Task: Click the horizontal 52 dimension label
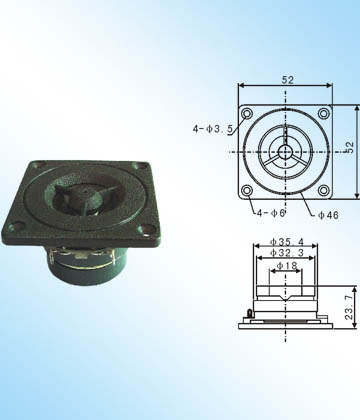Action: click(x=288, y=80)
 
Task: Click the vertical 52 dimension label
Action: click(x=349, y=147)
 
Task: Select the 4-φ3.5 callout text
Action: click(x=212, y=129)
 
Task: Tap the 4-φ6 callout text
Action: click(x=271, y=213)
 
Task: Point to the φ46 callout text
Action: click(x=328, y=215)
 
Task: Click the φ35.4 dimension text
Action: click(x=287, y=241)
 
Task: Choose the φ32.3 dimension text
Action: click(x=287, y=253)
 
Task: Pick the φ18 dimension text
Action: click(x=287, y=266)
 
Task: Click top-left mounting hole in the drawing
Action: click(x=247, y=114)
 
